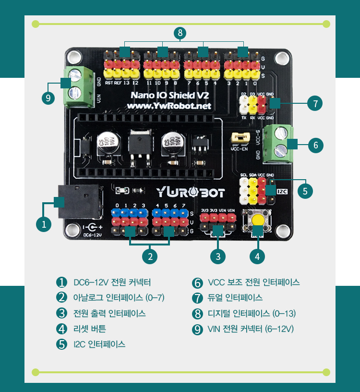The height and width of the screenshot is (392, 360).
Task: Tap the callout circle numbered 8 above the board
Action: tap(180, 33)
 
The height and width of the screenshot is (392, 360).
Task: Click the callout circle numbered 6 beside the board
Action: tap(315, 145)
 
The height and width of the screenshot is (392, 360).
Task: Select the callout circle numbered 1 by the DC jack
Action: tap(44, 224)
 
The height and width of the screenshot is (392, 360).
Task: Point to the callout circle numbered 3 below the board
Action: tap(218, 256)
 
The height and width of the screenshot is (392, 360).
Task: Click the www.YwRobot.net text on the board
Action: tap(170, 106)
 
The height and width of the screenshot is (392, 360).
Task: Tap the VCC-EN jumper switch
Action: tap(240, 137)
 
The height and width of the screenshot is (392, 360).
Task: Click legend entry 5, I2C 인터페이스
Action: tap(99, 344)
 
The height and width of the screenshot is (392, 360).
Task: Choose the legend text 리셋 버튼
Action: tap(89, 329)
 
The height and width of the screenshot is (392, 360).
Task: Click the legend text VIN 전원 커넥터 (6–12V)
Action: tap(251, 329)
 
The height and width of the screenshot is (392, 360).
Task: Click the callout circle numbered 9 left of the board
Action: tap(47, 98)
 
